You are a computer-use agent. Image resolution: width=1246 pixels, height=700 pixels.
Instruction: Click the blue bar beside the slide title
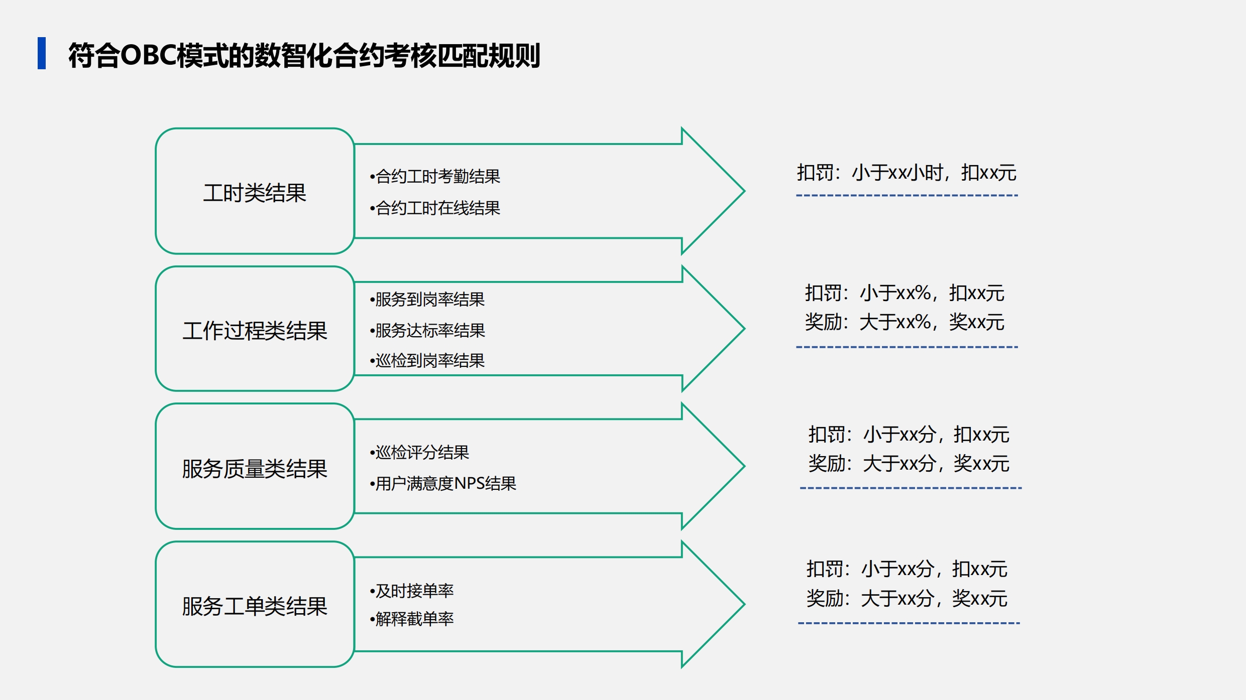(42, 53)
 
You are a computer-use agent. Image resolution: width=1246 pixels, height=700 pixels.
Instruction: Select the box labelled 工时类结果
(255, 191)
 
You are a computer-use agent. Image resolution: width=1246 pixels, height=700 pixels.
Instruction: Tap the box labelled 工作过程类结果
(255, 329)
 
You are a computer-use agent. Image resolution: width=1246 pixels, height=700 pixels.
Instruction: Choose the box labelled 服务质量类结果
(255, 466)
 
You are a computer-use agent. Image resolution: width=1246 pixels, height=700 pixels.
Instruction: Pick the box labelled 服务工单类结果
(255, 604)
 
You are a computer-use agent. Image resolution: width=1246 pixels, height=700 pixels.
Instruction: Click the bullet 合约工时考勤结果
(435, 176)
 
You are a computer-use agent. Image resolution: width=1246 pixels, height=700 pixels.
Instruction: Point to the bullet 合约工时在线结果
(435, 208)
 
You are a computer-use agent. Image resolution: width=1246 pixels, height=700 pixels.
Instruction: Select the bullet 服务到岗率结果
(427, 299)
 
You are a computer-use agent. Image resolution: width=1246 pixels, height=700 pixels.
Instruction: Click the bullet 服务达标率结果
(427, 330)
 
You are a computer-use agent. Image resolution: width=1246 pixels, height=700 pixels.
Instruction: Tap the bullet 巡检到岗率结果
(427, 360)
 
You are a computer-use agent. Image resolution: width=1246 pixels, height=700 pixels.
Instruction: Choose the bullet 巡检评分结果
(419, 452)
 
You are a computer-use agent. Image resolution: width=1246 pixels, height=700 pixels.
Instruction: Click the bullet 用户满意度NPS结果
(443, 483)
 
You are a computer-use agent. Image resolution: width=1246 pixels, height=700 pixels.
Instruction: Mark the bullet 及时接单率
(412, 591)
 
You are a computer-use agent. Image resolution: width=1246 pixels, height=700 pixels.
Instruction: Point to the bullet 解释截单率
(412, 619)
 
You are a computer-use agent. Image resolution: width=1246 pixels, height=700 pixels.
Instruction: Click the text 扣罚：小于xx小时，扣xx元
(907, 173)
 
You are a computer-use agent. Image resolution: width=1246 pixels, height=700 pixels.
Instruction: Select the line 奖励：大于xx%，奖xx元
(904, 322)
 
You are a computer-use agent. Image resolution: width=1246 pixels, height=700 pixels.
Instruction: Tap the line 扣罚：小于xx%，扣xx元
(904, 293)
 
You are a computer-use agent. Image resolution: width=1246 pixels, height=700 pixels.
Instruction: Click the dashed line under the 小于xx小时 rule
(907, 195)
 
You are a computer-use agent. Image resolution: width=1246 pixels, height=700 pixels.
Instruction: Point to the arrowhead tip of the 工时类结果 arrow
(744, 191)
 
